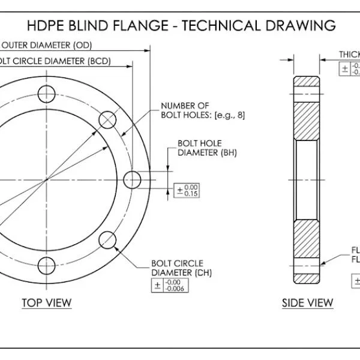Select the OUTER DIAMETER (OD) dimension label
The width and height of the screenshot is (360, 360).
point(46,45)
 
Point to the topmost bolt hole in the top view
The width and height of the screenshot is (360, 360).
point(46,94)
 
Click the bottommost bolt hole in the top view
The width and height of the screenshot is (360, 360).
point(46,265)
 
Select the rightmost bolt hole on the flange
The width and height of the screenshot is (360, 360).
point(132,179)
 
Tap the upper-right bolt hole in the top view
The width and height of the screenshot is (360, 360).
point(108,119)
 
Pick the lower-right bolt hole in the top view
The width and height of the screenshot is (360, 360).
point(108,240)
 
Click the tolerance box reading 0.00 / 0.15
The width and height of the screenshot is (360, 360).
point(187,191)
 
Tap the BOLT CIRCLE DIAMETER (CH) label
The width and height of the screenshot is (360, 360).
point(177,268)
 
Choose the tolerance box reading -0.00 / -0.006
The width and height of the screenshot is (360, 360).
point(170,285)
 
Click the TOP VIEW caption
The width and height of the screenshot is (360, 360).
point(46,302)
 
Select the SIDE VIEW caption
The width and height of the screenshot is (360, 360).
point(307,303)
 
